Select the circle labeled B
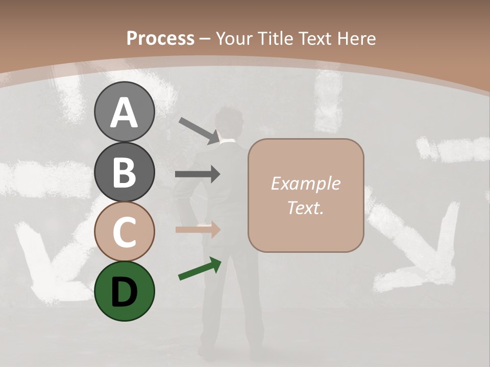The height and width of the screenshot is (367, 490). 125,172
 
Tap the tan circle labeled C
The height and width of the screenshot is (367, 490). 125,231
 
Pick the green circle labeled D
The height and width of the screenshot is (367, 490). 125,291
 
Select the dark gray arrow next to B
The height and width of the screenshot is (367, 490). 198,174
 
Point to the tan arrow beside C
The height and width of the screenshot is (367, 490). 198,230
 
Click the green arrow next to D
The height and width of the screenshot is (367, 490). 200,269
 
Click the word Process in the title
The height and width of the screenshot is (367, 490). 160,38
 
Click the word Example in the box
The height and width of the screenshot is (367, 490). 305,183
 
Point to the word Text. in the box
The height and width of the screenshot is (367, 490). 305,207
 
